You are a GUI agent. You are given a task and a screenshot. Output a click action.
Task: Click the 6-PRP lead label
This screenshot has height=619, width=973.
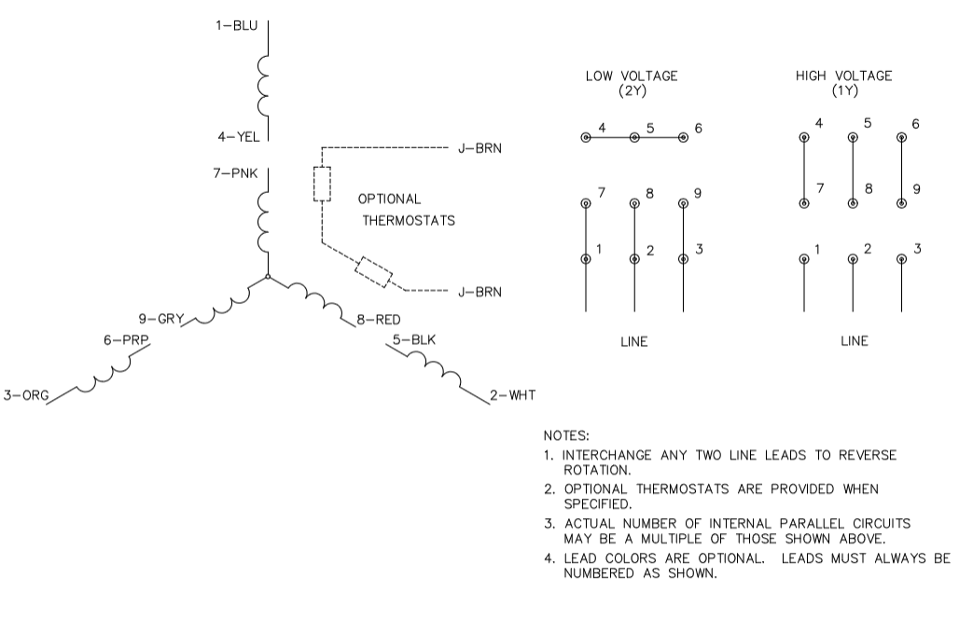coord(122,341)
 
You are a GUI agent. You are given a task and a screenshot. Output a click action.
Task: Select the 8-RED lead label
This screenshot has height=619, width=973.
coord(378,320)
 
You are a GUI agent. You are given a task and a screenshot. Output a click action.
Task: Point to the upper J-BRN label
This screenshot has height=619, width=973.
coord(480,147)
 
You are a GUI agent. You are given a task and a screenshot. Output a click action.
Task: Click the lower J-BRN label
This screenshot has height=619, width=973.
coord(480,292)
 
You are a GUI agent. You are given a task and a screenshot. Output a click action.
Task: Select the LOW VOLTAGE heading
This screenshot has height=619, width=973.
coord(632,76)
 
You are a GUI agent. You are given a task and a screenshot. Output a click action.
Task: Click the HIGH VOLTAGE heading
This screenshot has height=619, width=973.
coord(843,76)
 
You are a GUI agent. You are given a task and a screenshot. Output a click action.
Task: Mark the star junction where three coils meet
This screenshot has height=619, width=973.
coord(268,276)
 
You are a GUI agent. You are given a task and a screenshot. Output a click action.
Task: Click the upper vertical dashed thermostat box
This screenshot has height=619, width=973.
coord(322,185)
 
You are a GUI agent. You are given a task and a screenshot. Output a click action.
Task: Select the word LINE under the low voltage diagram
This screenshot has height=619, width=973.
coord(633,341)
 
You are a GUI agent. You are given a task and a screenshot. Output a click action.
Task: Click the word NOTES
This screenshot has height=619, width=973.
coord(565,434)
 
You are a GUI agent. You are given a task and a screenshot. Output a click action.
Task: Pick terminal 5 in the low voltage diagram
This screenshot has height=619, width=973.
coord(634,137)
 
